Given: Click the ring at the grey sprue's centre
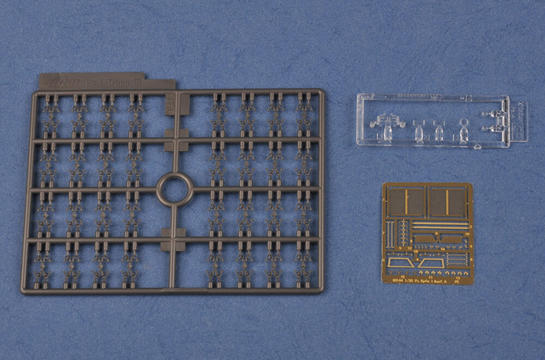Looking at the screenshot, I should click(x=174, y=190).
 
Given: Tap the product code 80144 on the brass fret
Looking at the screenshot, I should click(x=398, y=280).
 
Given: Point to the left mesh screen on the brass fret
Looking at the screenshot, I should click(x=406, y=202).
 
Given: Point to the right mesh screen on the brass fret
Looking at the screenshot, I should click(x=447, y=202).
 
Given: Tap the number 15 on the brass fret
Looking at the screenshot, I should click(x=403, y=276).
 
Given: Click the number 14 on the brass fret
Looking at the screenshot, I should click(x=443, y=249).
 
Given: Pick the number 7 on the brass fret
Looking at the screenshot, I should click(x=384, y=233).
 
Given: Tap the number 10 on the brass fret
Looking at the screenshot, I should click(x=467, y=234).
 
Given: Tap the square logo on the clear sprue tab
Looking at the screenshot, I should click(x=515, y=130).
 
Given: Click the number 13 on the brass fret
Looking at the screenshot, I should click(x=457, y=276).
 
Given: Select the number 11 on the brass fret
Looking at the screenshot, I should click(x=431, y=276).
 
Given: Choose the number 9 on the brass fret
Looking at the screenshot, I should click(x=436, y=233).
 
